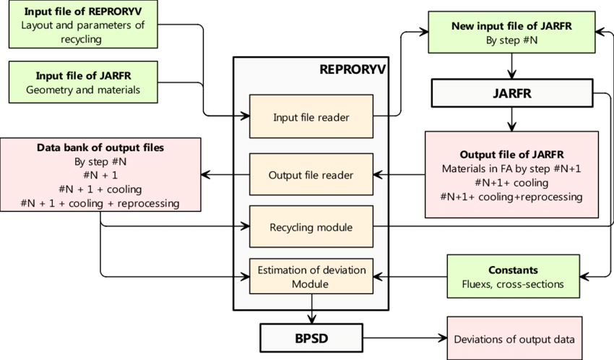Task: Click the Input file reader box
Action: [x=310, y=116]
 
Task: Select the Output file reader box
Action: [x=311, y=174]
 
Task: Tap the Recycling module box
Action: [x=311, y=228]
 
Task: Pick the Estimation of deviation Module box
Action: [x=311, y=277]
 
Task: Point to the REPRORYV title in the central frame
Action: [x=353, y=70]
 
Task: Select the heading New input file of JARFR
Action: [x=511, y=26]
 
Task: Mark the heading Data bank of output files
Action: [x=100, y=147]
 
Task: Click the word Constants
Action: [x=512, y=270]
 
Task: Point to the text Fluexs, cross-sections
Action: [x=512, y=283]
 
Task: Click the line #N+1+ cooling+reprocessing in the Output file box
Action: [x=511, y=197]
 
